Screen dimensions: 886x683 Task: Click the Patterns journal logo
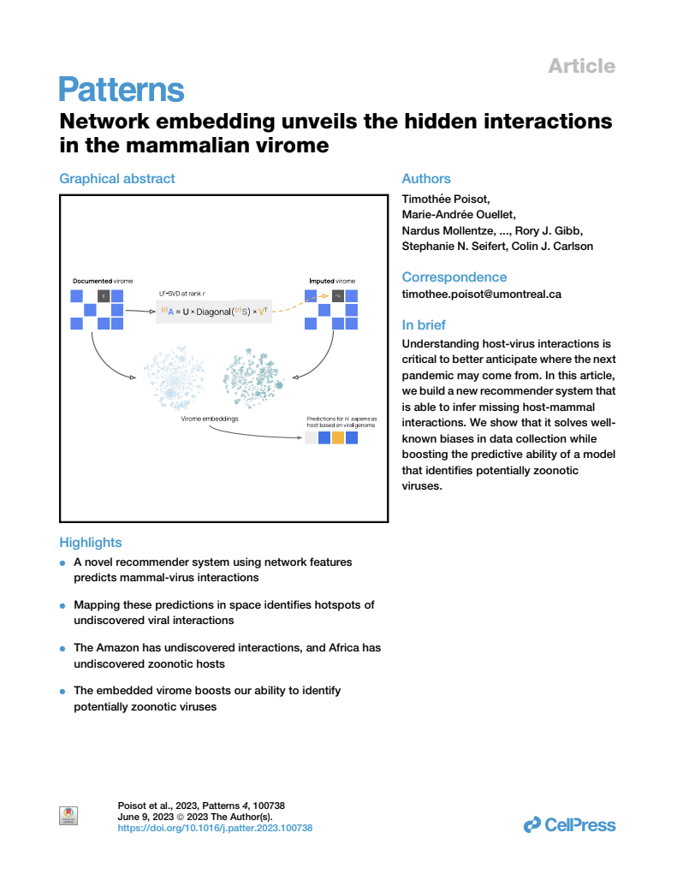point(122,90)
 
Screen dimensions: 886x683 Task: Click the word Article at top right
point(581,66)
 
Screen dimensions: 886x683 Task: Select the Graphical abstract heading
point(117,179)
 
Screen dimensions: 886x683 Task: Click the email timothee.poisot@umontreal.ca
point(481,294)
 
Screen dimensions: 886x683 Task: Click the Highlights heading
point(91,543)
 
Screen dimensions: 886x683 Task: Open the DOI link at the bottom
point(215,829)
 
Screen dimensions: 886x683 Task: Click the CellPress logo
point(569,825)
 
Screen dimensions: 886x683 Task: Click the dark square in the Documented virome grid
point(104,296)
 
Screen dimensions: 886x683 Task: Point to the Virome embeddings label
point(210,419)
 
